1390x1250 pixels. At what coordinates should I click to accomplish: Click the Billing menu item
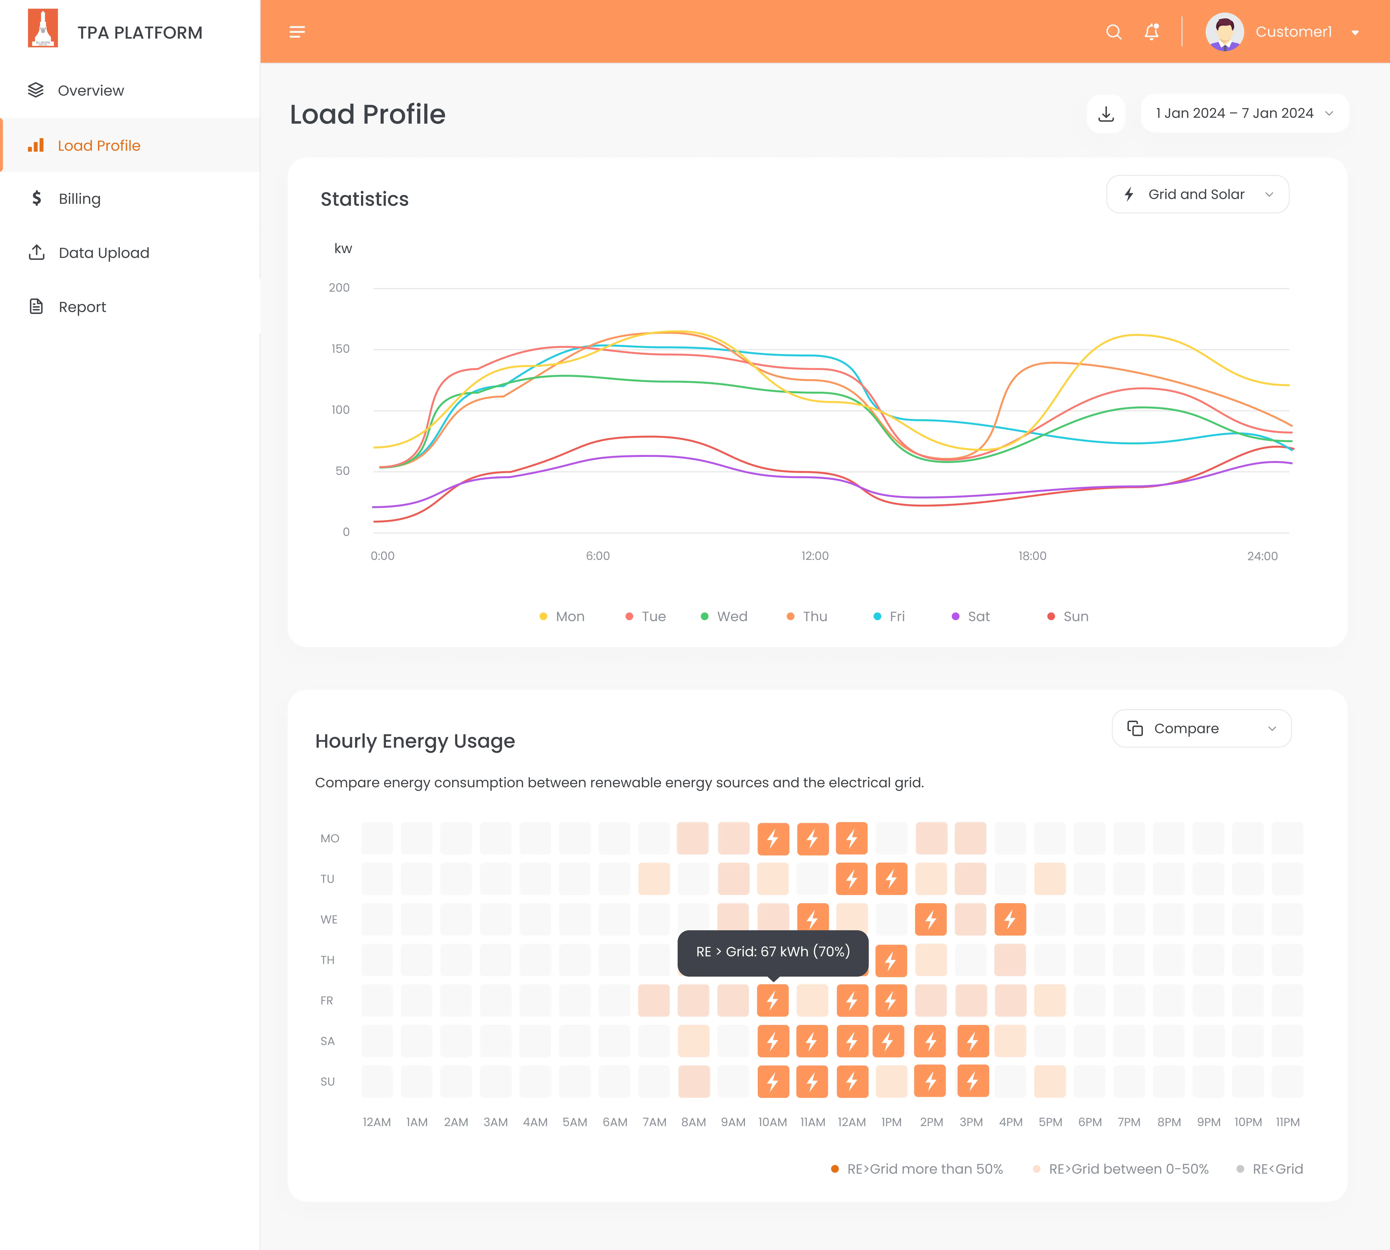coord(79,199)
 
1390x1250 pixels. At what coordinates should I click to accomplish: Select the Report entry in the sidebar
coord(82,307)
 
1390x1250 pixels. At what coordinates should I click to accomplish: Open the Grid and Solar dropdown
coord(1197,194)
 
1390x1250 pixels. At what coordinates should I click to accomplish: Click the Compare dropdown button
coord(1201,729)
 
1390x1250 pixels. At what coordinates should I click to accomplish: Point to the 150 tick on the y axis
coord(341,349)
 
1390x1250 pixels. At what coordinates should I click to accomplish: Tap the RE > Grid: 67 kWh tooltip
coord(773,952)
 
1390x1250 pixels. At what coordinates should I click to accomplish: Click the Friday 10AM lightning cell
coord(773,1001)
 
